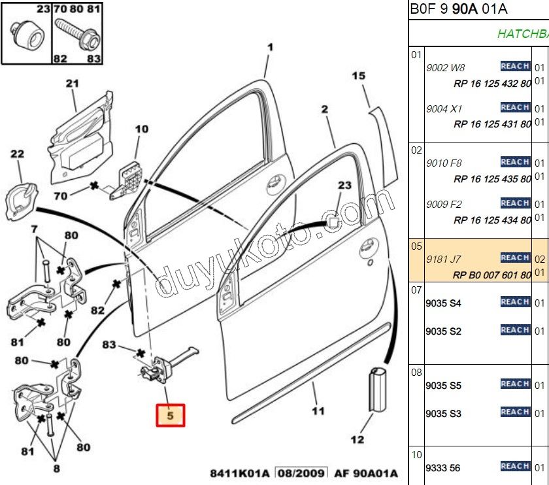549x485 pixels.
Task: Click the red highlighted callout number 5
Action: coord(170,415)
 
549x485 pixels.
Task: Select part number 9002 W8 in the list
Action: coord(445,67)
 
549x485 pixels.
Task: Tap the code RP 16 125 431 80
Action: coord(492,124)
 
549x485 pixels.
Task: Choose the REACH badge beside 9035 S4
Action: coord(515,302)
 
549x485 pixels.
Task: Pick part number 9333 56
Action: coord(442,468)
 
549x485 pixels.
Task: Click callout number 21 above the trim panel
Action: coord(72,84)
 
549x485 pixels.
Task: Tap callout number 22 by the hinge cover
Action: coord(17,154)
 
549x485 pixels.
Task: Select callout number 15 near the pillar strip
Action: coord(359,76)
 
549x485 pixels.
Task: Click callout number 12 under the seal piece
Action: coord(358,439)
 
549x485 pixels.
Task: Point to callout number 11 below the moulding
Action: coord(318,411)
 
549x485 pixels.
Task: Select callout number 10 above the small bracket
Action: coord(142,129)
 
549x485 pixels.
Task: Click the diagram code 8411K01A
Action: coord(239,473)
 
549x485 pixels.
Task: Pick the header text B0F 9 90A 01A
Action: coord(458,9)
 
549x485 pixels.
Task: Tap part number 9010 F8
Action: coord(444,163)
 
